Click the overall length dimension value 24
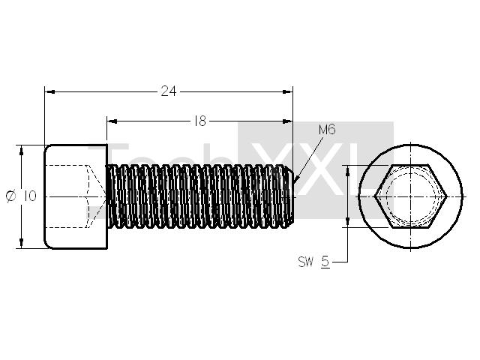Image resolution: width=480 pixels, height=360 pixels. click(169, 91)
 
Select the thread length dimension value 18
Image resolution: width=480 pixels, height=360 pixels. click(200, 121)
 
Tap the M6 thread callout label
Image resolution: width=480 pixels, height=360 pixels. click(327, 130)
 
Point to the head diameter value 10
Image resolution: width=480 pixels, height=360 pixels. click(30, 196)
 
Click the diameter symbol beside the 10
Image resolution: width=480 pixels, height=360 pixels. click(10, 196)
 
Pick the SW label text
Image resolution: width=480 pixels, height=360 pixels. click(306, 262)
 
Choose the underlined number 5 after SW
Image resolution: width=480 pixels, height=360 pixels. click(325, 262)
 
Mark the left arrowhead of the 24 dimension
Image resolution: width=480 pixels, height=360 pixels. click(50, 91)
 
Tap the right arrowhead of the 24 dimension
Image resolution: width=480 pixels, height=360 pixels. click(287, 91)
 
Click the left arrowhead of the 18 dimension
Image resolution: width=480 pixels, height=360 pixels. click(112, 121)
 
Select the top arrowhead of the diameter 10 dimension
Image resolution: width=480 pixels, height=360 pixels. click(21, 151)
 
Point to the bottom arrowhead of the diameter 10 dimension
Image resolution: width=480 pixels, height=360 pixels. click(21, 243)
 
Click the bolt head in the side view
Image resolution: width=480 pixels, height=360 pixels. click(76, 196)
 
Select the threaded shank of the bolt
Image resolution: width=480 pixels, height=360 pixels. click(200, 196)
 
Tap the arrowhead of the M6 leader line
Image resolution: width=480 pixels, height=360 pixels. click(296, 180)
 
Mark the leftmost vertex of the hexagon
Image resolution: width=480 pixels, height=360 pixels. click(375, 196)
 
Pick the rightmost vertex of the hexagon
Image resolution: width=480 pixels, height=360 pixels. click(446, 196)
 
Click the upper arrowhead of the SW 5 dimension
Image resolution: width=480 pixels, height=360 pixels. click(348, 171)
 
